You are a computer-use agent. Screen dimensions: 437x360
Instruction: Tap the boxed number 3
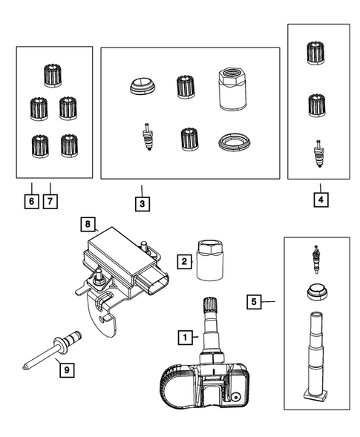(141, 201)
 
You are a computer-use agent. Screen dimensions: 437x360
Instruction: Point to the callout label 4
(320, 201)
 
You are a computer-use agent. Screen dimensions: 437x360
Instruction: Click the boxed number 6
(30, 201)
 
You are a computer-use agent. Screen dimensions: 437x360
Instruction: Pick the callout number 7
(49, 201)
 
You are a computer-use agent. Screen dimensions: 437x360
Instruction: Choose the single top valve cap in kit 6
(53, 74)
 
